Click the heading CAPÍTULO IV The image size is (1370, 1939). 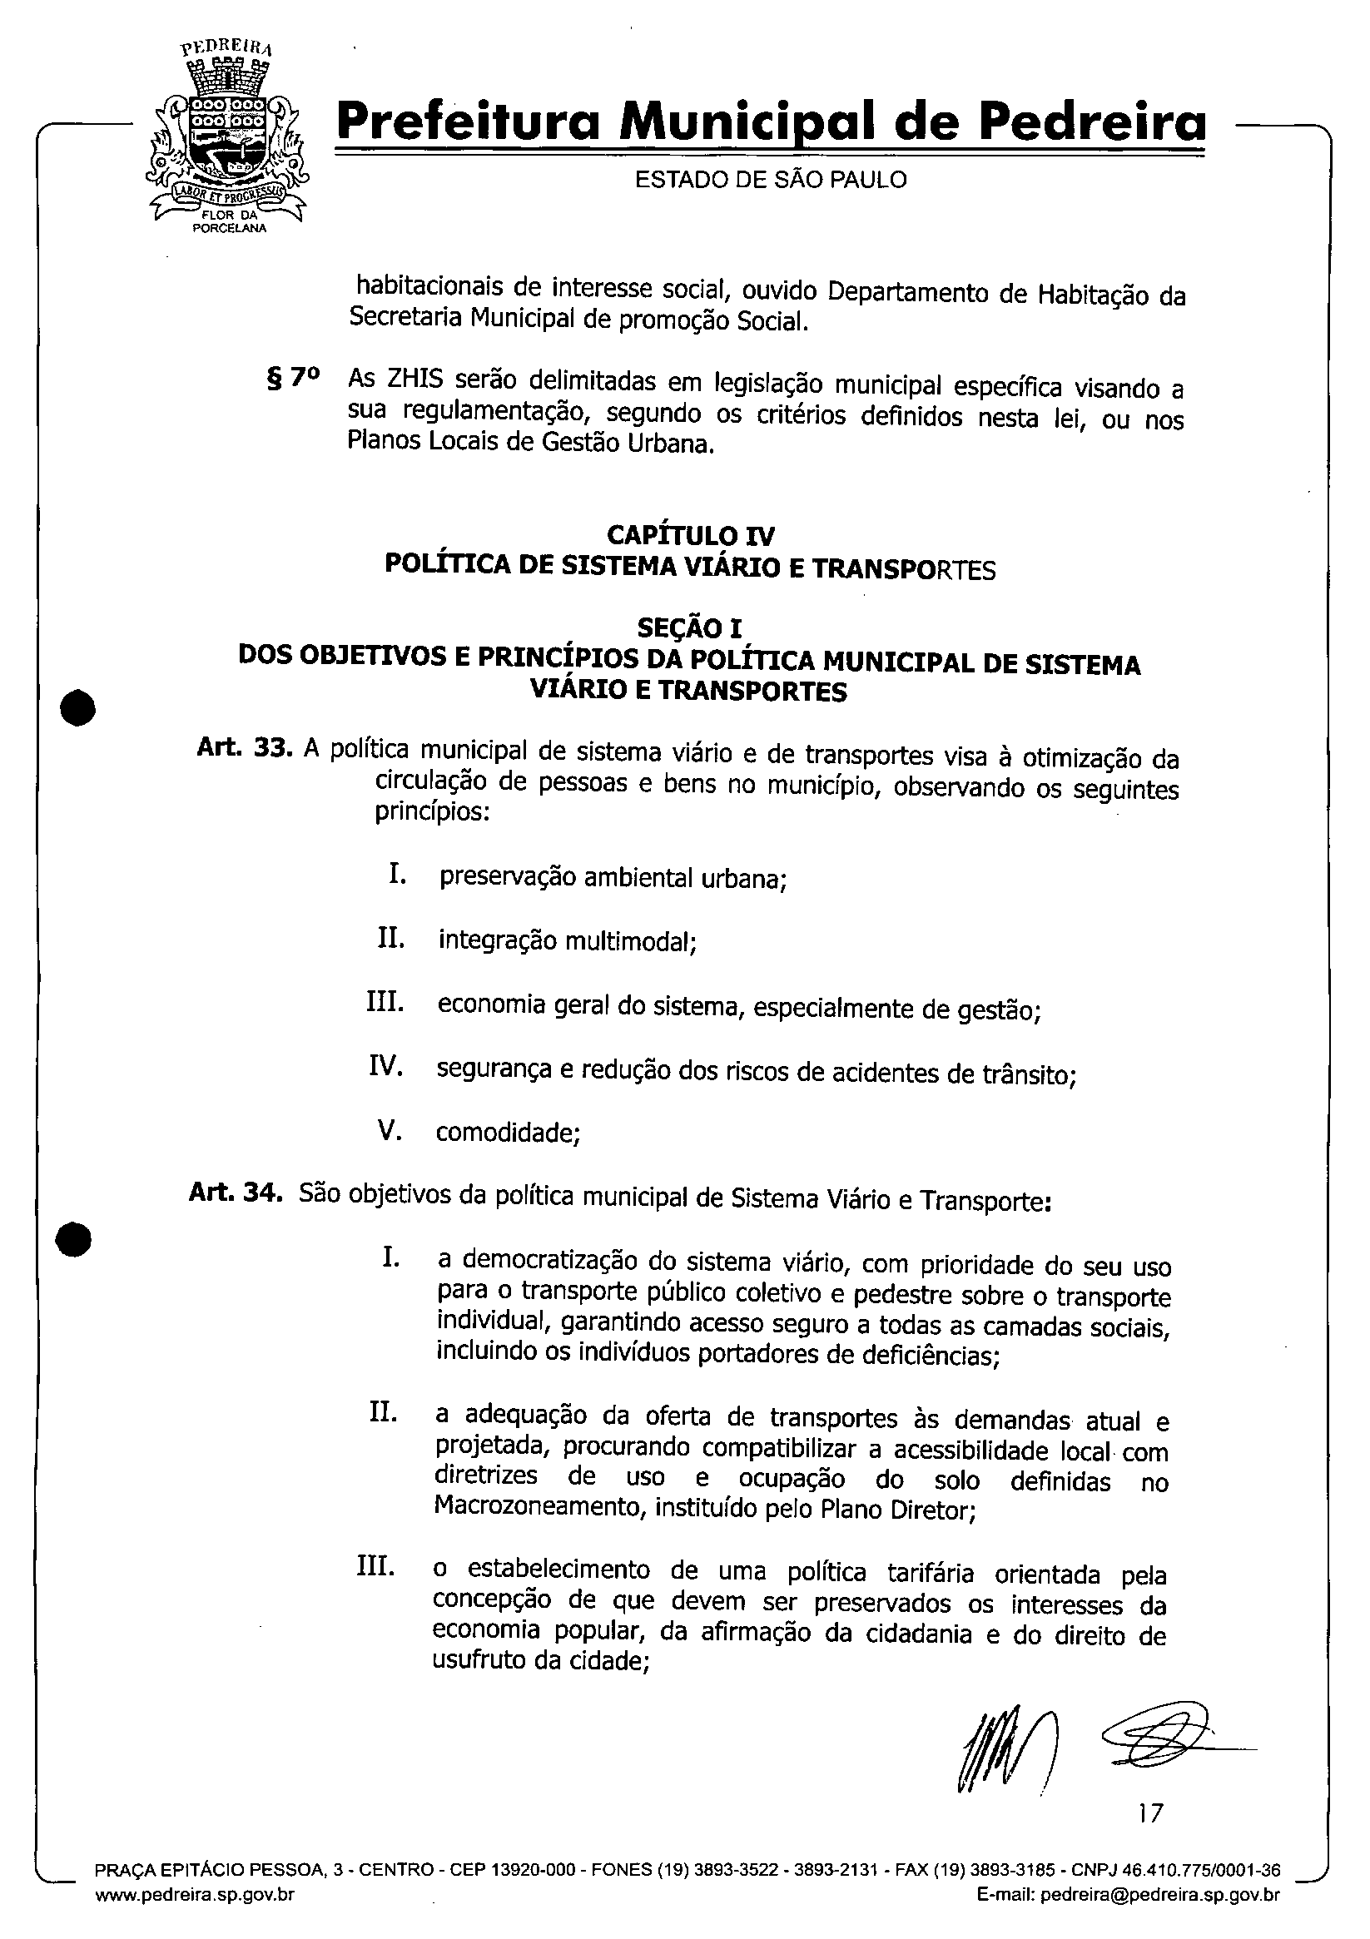(x=690, y=535)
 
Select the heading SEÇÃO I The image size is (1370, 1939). (x=689, y=627)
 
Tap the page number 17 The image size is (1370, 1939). (x=1150, y=1813)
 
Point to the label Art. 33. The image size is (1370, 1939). (x=245, y=748)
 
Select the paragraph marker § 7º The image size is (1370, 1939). (x=293, y=380)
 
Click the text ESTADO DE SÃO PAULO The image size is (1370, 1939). (x=770, y=180)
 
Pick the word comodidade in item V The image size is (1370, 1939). (x=507, y=1133)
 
